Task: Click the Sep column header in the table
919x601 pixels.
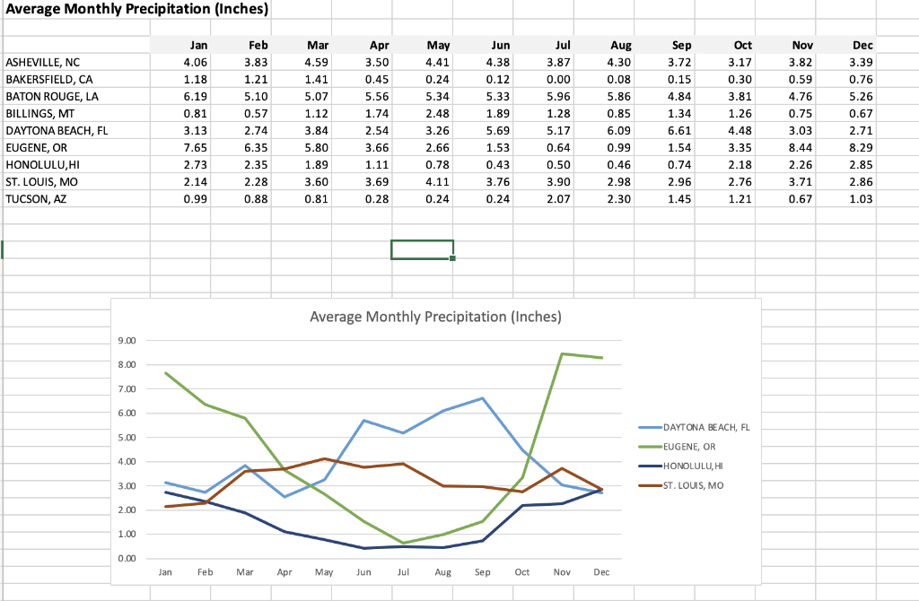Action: [681, 45]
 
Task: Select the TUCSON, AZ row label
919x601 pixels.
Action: [36, 198]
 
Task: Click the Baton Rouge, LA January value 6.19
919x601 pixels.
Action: [194, 96]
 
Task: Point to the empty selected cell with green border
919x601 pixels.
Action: [422, 249]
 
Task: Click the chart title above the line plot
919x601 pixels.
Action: [435, 317]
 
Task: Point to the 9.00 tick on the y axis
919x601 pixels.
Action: [127, 341]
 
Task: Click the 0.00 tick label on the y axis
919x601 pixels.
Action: [127, 559]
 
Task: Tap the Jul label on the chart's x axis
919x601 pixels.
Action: [403, 571]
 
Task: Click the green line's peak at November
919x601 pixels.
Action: [562, 353]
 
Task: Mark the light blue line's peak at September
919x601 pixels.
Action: [483, 398]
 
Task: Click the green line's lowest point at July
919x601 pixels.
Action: [403, 543]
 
